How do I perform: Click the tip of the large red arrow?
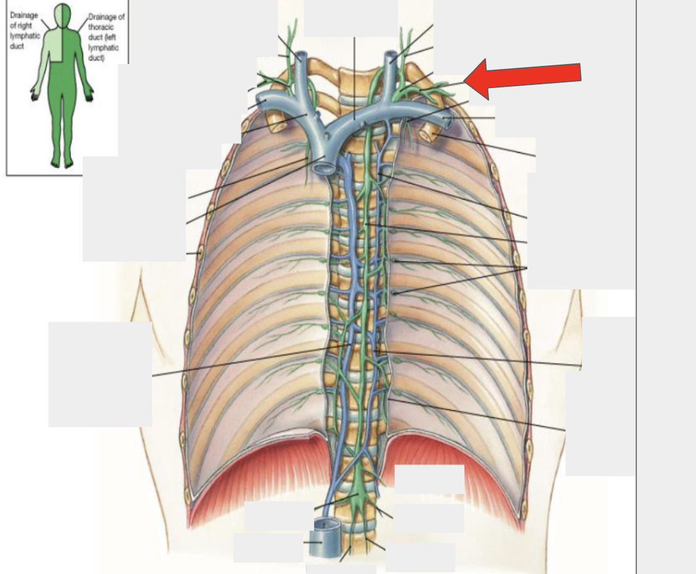464,81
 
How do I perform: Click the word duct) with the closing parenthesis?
97,58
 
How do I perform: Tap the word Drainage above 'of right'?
24,15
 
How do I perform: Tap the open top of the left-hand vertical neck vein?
301,57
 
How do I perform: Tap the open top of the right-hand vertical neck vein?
390,55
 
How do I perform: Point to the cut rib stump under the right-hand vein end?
428,131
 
